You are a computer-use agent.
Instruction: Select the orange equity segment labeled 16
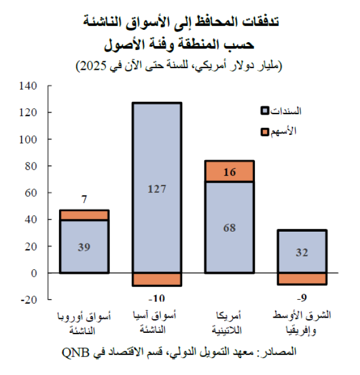coord(229,171)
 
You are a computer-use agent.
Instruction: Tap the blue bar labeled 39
coord(84,247)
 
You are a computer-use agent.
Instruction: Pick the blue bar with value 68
coord(229,228)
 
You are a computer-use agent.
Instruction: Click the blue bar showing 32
coord(301,251)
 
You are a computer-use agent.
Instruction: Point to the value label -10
coord(156,296)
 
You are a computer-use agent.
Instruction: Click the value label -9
coord(301,296)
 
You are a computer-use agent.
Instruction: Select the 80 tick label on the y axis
coord(31,166)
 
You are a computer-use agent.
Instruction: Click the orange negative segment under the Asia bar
coord(156,279)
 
